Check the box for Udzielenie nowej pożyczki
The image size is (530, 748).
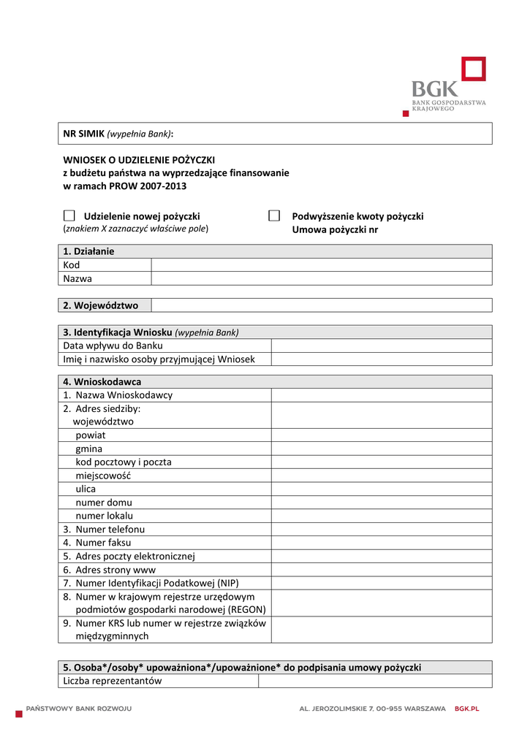69,215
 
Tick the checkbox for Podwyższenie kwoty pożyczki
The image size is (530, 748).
274,215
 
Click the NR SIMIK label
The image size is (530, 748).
84,134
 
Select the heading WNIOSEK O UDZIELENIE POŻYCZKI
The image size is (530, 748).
139,159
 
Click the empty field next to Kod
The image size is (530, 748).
321,264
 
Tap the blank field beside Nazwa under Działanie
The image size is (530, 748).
321,278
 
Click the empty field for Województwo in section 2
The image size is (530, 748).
321,305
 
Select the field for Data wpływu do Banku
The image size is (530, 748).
381,346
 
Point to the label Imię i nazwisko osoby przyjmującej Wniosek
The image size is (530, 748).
159,359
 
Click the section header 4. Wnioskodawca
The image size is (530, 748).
102,381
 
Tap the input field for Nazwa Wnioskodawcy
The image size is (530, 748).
381,394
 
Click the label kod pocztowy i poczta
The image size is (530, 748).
124,462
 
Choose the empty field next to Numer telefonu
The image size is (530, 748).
381,529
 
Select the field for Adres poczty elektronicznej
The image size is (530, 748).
381,556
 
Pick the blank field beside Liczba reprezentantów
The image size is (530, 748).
375,681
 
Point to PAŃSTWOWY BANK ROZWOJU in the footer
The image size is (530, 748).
79,709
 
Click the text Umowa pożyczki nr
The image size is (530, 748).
335,229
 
